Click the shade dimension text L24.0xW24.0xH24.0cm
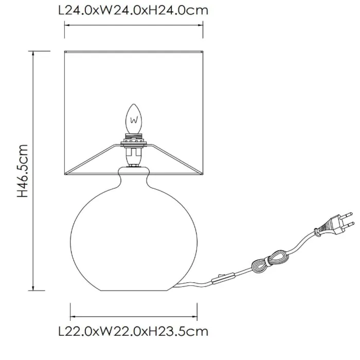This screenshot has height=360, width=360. point(133,10)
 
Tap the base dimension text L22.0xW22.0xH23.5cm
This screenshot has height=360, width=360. point(133,332)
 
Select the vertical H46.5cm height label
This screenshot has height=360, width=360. point(23,171)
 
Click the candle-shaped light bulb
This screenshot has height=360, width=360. point(134,119)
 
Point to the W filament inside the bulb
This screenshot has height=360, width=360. point(134,120)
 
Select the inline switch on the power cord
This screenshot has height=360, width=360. point(223,278)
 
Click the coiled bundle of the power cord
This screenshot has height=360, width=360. point(269,262)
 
